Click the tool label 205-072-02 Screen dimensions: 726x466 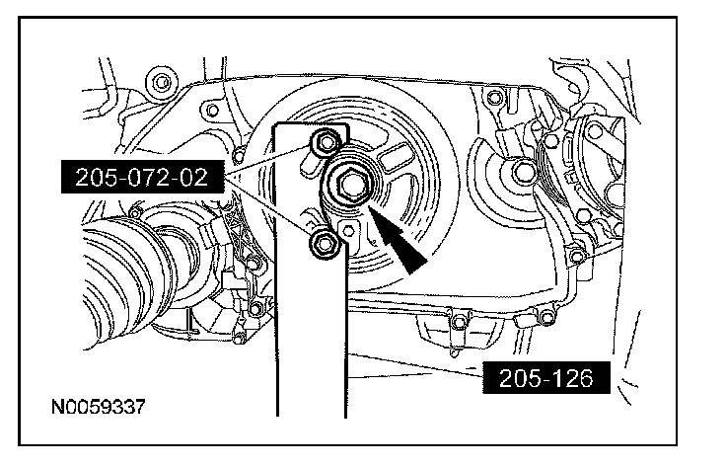(x=143, y=177)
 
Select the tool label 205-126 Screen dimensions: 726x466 (x=546, y=378)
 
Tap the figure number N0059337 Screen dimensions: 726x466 (x=99, y=407)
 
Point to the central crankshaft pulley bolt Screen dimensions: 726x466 (x=352, y=184)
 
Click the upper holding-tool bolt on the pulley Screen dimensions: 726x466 (x=326, y=142)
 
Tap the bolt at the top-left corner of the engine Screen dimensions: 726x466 (x=161, y=83)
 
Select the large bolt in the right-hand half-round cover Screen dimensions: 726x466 (x=523, y=173)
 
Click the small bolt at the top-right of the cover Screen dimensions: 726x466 (x=495, y=97)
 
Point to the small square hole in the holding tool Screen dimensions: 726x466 (x=348, y=231)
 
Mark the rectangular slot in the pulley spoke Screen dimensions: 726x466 (x=395, y=155)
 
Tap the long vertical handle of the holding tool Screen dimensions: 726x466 (x=311, y=324)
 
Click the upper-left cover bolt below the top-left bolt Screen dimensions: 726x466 (x=212, y=111)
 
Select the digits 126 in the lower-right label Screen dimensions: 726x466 (x=572, y=378)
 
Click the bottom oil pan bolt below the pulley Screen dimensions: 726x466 (x=459, y=321)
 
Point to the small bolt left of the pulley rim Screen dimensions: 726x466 (x=239, y=155)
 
